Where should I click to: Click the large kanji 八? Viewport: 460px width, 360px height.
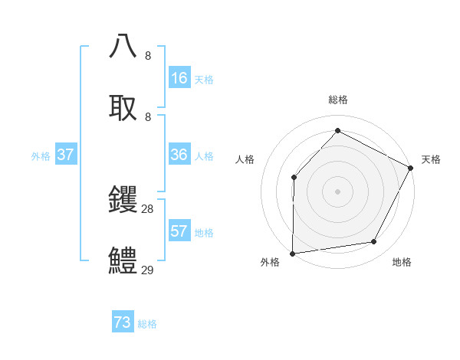click(123, 46)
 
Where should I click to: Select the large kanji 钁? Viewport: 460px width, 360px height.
click(123, 200)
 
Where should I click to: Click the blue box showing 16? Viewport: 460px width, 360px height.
click(179, 78)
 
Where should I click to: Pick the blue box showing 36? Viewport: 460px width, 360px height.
click(179, 155)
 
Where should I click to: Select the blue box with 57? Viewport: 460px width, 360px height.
click(179, 231)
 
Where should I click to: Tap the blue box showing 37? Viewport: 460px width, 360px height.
click(66, 155)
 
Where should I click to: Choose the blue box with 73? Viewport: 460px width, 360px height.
click(123, 322)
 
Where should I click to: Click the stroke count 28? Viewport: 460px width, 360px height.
click(148, 209)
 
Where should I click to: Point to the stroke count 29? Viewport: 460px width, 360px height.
click(148, 270)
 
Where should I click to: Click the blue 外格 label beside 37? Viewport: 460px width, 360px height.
click(41, 156)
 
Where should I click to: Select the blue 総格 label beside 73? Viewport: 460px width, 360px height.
click(147, 324)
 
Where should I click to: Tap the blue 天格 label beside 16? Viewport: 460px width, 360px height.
click(204, 80)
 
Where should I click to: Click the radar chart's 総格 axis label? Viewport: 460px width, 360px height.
click(337, 100)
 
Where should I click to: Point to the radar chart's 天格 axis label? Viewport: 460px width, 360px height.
click(431, 159)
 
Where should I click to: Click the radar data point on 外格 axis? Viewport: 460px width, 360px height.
click(292, 253)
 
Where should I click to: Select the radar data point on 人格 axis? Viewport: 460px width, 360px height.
click(294, 178)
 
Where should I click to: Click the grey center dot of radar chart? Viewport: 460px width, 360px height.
click(337, 191)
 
